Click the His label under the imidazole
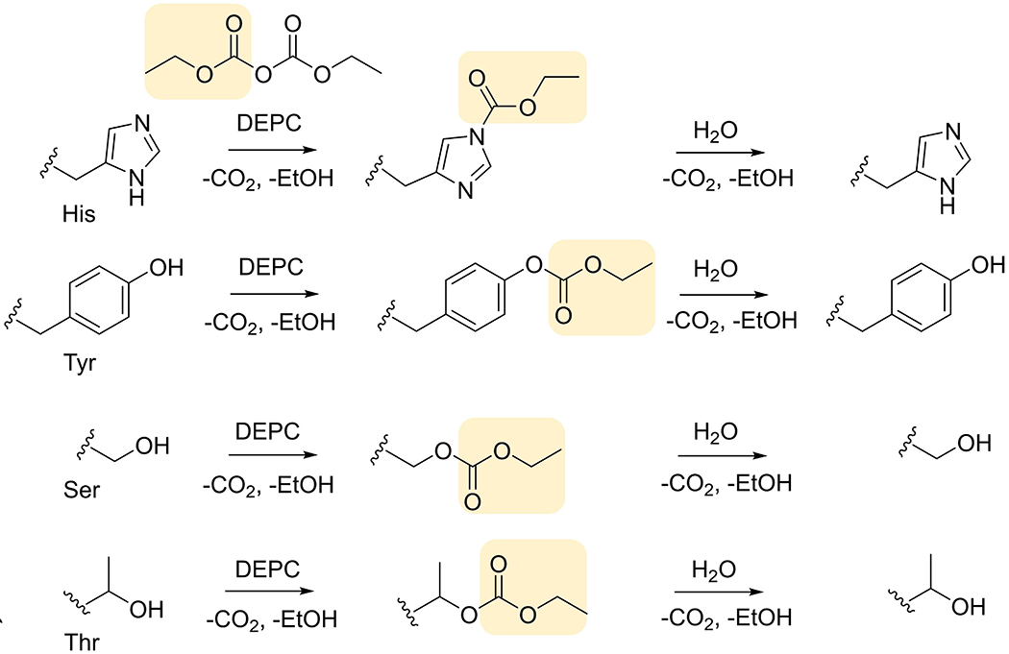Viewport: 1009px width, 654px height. (77, 214)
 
